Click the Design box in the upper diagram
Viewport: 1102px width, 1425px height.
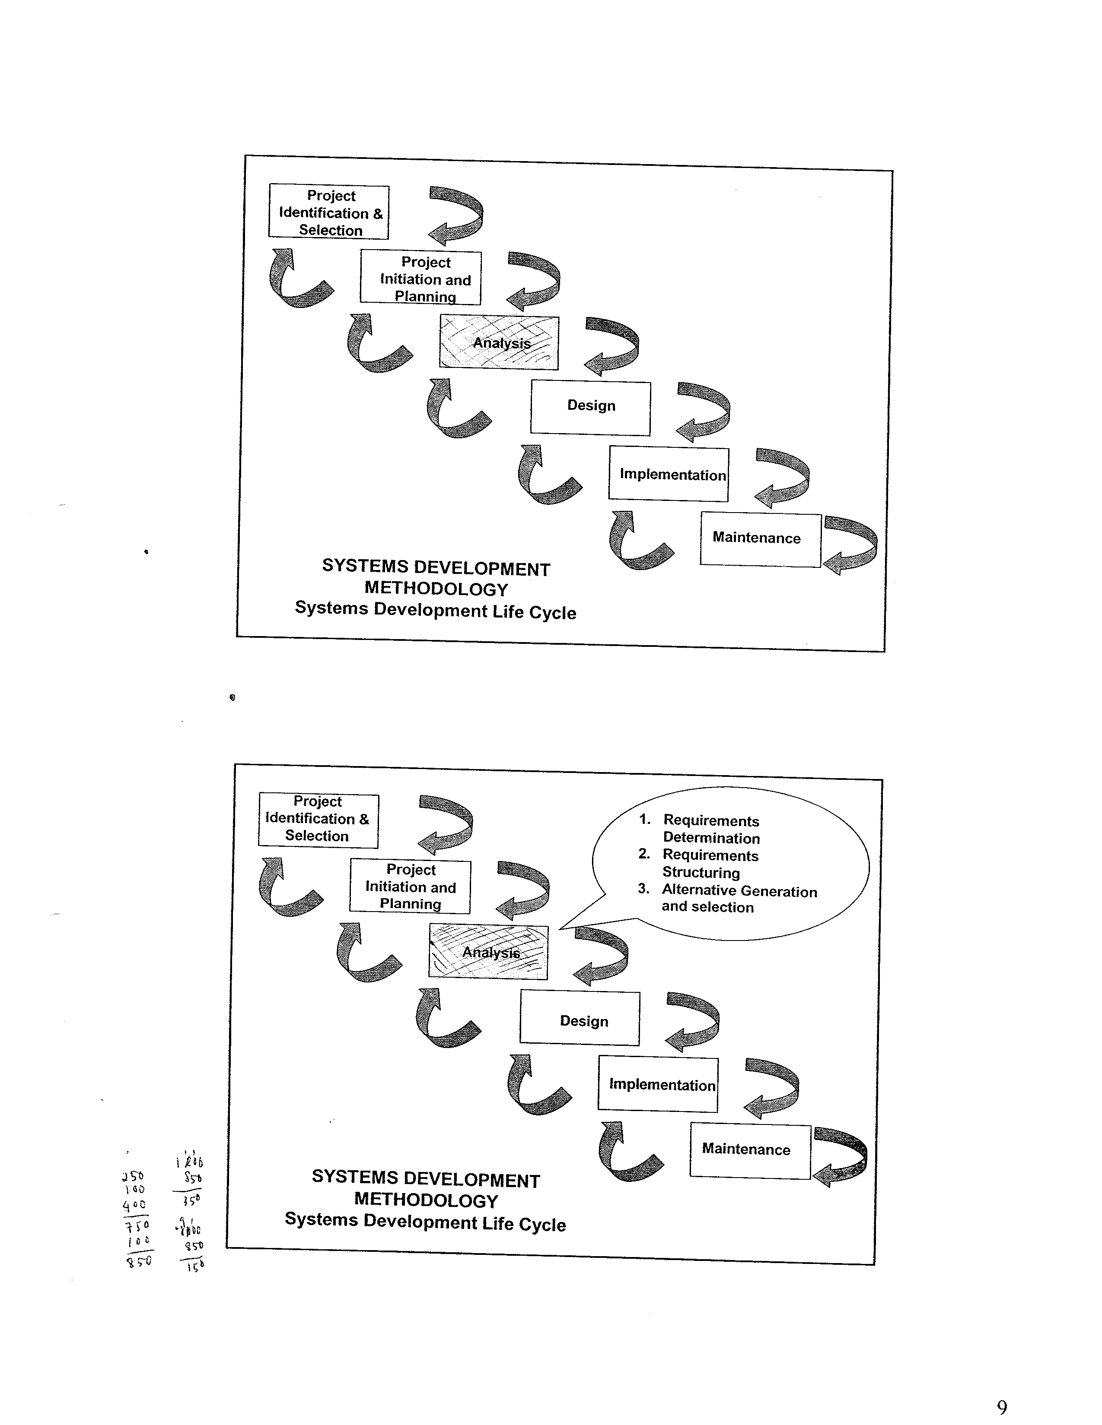590,407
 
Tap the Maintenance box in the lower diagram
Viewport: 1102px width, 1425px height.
749,1151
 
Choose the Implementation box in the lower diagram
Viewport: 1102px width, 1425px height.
658,1084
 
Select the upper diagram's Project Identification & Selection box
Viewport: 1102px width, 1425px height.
329,212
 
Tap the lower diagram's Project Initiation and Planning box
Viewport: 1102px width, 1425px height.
410,886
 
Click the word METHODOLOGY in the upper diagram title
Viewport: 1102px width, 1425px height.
436,589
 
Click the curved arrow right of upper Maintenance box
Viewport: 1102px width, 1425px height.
850,545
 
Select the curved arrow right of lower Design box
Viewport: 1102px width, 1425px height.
693,1022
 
